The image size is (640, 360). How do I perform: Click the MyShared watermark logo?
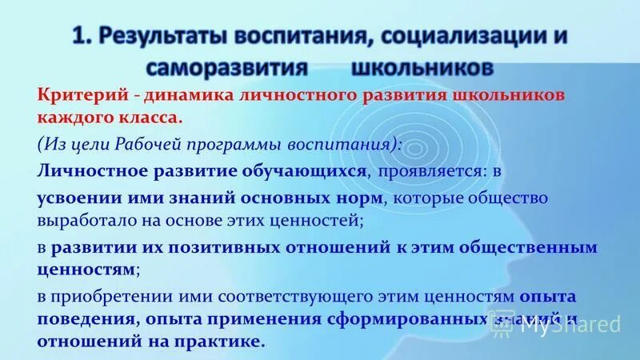pyautogui.click(x=577, y=322)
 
